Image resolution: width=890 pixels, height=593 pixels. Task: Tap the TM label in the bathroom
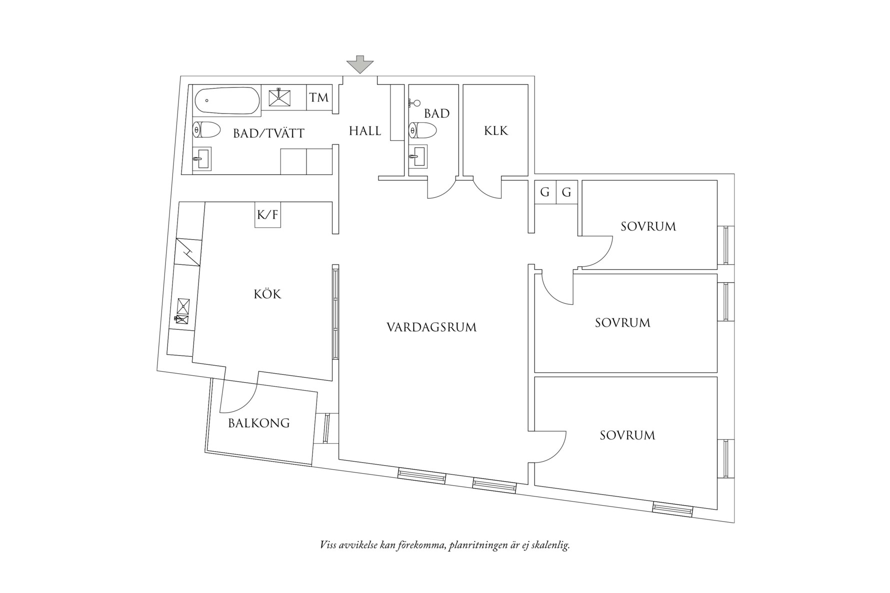(x=319, y=97)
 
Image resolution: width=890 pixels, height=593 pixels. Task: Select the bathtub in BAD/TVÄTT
(x=227, y=100)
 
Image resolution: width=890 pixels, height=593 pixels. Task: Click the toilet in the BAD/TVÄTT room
(x=206, y=130)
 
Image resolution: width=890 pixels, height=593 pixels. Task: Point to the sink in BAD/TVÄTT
(x=202, y=159)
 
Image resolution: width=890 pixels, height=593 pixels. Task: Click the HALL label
(x=365, y=131)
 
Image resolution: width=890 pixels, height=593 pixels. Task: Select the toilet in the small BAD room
(x=422, y=131)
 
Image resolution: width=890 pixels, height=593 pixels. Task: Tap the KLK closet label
(x=495, y=131)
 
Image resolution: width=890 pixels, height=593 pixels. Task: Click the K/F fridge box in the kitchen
(x=267, y=215)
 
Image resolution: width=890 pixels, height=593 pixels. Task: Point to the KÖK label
(x=267, y=294)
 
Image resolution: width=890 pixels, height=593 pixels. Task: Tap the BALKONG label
(x=258, y=424)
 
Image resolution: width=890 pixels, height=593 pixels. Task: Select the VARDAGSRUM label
(x=431, y=328)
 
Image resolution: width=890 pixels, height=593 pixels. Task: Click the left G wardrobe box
(x=545, y=192)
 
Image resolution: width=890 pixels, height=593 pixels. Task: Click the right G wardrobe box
(x=566, y=192)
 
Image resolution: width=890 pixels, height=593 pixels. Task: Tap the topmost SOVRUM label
(x=648, y=227)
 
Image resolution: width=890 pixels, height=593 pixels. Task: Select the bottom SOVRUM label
(x=627, y=436)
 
